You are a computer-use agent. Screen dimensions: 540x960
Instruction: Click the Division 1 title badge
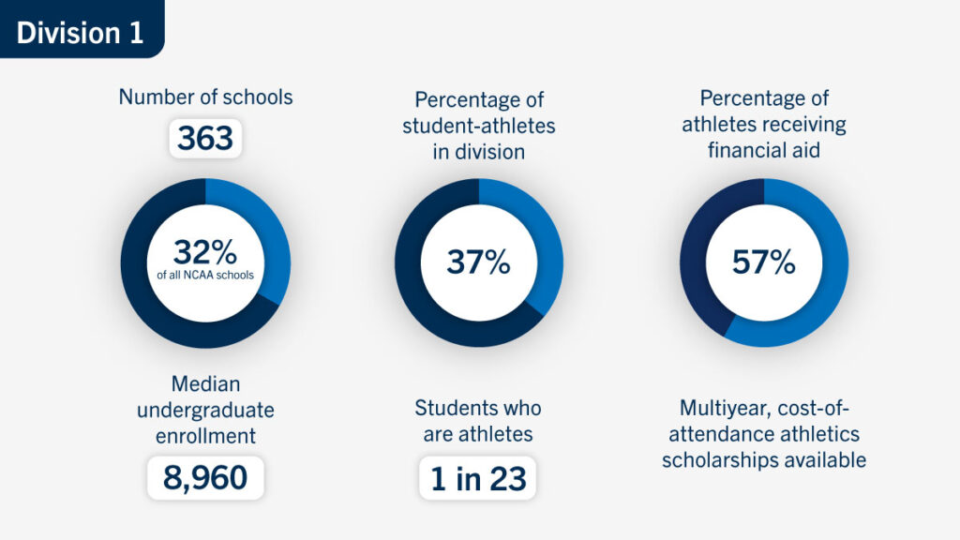pos(81,31)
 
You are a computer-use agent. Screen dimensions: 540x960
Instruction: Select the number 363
pos(205,139)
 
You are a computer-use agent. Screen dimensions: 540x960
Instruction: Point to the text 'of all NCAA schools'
pos(205,276)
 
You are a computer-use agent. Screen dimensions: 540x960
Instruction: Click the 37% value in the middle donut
pos(478,262)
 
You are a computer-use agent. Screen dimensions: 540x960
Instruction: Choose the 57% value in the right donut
pos(763,262)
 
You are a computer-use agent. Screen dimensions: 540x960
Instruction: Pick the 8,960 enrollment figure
pos(205,478)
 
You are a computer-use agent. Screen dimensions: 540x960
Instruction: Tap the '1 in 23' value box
pos(478,478)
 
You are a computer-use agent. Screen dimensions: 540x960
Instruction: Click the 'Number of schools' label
pos(205,97)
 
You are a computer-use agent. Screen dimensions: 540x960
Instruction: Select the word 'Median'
pos(205,384)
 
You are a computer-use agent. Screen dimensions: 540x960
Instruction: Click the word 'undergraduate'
pos(205,410)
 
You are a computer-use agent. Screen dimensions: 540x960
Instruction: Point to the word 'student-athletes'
pos(478,126)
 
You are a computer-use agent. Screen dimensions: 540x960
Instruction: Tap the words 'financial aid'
pos(763,150)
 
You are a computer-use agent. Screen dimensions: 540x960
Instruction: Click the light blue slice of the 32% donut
pos(268,234)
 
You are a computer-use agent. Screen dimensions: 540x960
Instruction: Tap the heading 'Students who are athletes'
pos(478,421)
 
